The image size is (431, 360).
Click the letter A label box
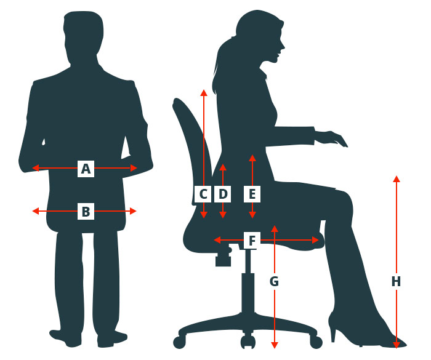[86, 169]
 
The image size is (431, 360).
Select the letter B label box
[86, 211]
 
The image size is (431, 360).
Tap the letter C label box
[203, 194]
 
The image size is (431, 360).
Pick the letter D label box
[223, 194]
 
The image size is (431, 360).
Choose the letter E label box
[252, 194]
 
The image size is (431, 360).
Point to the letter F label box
[252, 241]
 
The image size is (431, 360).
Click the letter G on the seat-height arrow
[274, 281]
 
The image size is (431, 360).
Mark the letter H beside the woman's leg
[396, 282]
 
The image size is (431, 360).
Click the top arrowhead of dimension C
[204, 92]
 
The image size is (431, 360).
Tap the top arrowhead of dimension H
[397, 179]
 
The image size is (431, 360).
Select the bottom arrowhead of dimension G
[275, 345]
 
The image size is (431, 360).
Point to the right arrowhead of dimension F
[315, 240]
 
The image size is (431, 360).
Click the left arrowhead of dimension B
[36, 211]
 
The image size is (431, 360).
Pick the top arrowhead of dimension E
[252, 158]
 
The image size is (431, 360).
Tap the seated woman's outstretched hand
[332, 138]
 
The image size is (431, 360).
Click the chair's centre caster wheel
[248, 342]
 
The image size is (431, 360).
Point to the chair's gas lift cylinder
[248, 293]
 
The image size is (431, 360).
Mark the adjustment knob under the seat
[223, 257]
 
